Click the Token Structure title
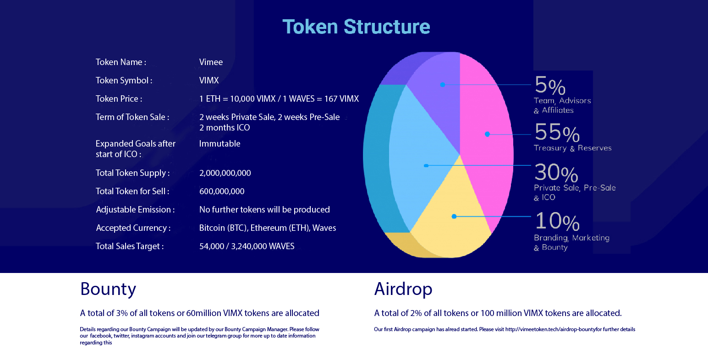click(x=356, y=27)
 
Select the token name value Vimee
click(x=211, y=62)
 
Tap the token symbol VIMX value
click(x=209, y=80)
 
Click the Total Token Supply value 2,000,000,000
click(x=225, y=173)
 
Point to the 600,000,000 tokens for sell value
click(x=222, y=191)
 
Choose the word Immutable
click(x=220, y=144)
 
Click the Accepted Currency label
click(x=133, y=228)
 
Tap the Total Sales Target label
click(x=130, y=246)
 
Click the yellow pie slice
click(x=452, y=218)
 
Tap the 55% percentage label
click(x=557, y=132)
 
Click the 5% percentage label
click(x=550, y=85)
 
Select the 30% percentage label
click(x=556, y=173)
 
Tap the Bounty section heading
click(x=108, y=289)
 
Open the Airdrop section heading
click(x=403, y=289)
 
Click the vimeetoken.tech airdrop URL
click(x=550, y=329)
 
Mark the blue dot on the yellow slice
click(x=454, y=216)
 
